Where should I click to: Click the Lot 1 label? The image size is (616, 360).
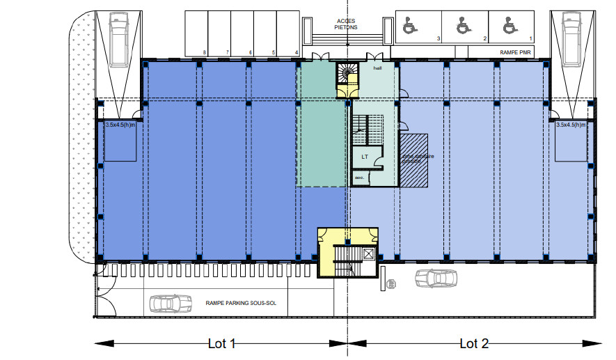(223, 343)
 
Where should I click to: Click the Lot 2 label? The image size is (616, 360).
(474, 343)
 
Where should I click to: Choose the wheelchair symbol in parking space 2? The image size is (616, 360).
(461, 26)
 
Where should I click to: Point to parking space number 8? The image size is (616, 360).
(204, 52)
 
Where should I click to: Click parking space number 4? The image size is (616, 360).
(297, 52)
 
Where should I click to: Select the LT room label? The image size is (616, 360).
(364, 157)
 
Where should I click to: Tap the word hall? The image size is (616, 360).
(377, 68)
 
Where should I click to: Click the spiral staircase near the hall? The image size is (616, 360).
(347, 72)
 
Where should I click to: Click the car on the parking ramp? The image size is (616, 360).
(171, 303)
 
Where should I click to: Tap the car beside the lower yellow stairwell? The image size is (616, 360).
(436, 279)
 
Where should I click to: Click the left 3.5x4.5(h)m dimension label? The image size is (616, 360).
(120, 125)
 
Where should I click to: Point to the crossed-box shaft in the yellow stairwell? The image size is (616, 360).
(368, 254)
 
